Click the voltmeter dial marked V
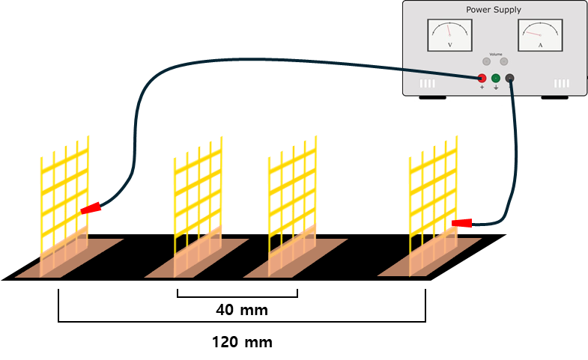pyautogui.click(x=449, y=35)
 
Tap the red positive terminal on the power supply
pyautogui.click(x=482, y=79)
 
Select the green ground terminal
pyautogui.click(x=495, y=79)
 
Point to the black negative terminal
pyautogui.click(x=510, y=79)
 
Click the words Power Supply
pyautogui.click(x=494, y=10)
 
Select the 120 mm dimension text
pyautogui.click(x=242, y=343)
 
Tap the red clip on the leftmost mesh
pyautogui.click(x=90, y=209)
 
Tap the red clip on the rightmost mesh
pyautogui.click(x=462, y=222)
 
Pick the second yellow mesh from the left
pyautogui.click(x=198, y=198)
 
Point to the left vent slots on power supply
pyautogui.click(x=426, y=84)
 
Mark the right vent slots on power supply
pyautogui.click(x=562, y=84)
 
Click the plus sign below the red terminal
pyautogui.click(x=482, y=88)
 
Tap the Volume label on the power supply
pyautogui.click(x=495, y=55)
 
